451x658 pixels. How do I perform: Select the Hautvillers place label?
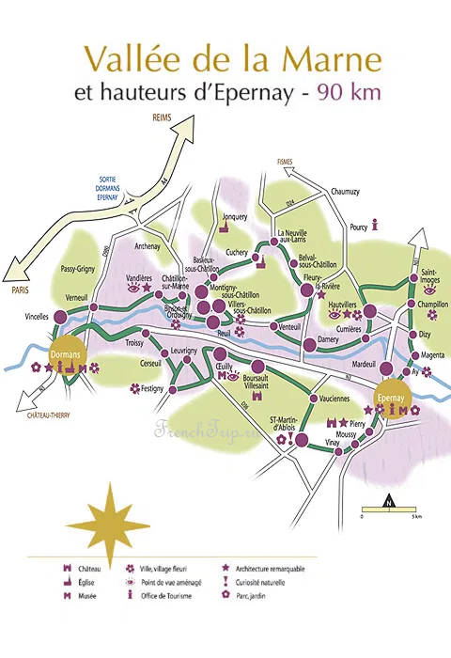[x=345, y=303]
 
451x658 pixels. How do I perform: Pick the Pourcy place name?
[x=358, y=227]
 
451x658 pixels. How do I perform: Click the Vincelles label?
[x=32, y=317]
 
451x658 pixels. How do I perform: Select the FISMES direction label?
[x=286, y=161]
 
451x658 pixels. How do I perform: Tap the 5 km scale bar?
[x=388, y=512]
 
